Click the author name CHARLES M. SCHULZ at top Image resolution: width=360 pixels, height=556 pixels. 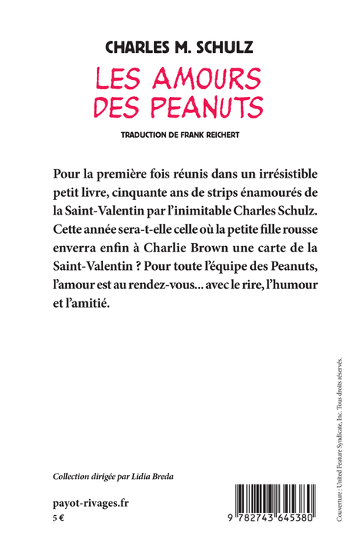tap(179, 48)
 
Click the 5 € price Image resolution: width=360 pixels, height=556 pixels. tap(58, 519)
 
